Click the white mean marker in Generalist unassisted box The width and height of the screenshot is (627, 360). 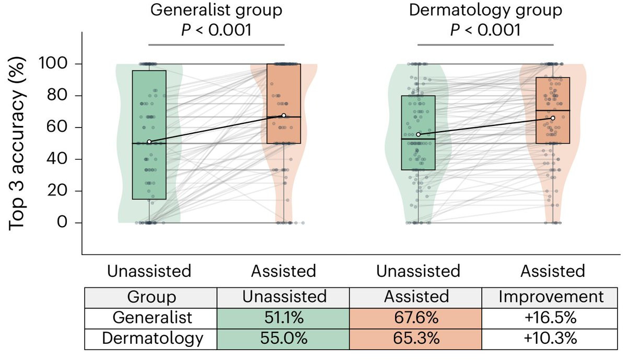[149, 142]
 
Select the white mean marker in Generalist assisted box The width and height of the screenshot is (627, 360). [284, 115]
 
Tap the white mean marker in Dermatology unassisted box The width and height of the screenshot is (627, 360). [418, 135]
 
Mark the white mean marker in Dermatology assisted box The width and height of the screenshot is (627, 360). [553, 118]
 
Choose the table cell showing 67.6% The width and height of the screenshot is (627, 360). [416, 318]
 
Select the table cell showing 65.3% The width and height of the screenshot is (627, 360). [416, 338]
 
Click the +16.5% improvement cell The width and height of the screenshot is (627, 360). [551, 318]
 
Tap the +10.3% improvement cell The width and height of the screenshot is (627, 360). [551, 338]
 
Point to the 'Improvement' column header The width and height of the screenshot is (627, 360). [551, 297]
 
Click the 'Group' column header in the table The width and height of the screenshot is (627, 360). [152, 297]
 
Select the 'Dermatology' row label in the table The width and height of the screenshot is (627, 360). [152, 338]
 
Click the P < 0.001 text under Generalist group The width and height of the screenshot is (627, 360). [216, 30]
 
